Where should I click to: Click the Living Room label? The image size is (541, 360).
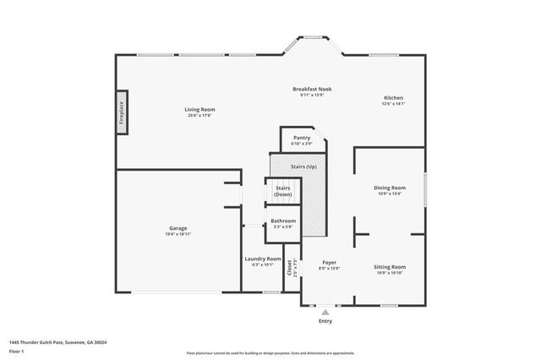(200, 109)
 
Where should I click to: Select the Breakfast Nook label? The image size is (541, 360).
(312, 89)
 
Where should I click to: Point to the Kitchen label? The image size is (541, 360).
(394, 98)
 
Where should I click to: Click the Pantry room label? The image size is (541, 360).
(302, 137)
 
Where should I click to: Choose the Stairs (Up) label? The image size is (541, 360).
(298, 166)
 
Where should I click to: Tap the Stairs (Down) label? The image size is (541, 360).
(282, 191)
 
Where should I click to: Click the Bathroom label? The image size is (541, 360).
(282, 221)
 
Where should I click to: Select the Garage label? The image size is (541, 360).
(178, 228)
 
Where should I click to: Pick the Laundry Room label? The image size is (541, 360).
(262, 259)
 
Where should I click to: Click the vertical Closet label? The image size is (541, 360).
(290, 269)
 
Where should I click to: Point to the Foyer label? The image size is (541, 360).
(329, 263)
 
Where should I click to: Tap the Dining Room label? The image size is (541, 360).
(390, 188)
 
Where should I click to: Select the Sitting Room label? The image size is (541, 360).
(390, 267)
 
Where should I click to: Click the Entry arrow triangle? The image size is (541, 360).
(325, 312)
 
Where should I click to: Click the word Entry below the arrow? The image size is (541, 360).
(325, 321)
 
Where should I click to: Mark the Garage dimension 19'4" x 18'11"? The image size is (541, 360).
(178, 234)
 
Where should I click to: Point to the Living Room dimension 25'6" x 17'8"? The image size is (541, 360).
(200, 116)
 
